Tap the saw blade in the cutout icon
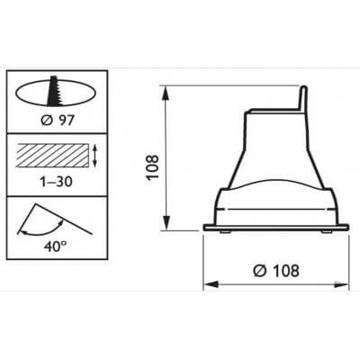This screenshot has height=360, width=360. (57, 93)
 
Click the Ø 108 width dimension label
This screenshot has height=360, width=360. (275, 269)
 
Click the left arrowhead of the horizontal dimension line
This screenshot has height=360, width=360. (209, 284)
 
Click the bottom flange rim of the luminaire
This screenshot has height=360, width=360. (274, 226)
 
